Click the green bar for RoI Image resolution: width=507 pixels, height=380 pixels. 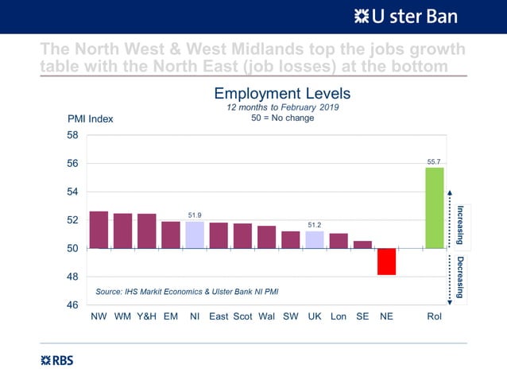434,208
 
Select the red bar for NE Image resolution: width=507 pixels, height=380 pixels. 386,262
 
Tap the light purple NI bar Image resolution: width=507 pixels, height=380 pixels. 195,235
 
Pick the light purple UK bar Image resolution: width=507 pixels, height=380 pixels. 315,240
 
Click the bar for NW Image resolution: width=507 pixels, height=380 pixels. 99,230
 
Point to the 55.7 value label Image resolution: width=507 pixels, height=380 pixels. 434,161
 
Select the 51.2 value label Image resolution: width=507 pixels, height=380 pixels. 315,225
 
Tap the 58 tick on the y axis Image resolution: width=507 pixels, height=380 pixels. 72,136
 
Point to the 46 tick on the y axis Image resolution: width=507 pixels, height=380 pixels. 72,305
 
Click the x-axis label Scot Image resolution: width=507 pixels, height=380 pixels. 242,316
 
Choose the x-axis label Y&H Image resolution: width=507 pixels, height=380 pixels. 146,316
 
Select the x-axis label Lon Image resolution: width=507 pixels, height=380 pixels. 339,316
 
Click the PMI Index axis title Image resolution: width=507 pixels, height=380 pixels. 90,119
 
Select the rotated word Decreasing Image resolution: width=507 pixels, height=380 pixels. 460,276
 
